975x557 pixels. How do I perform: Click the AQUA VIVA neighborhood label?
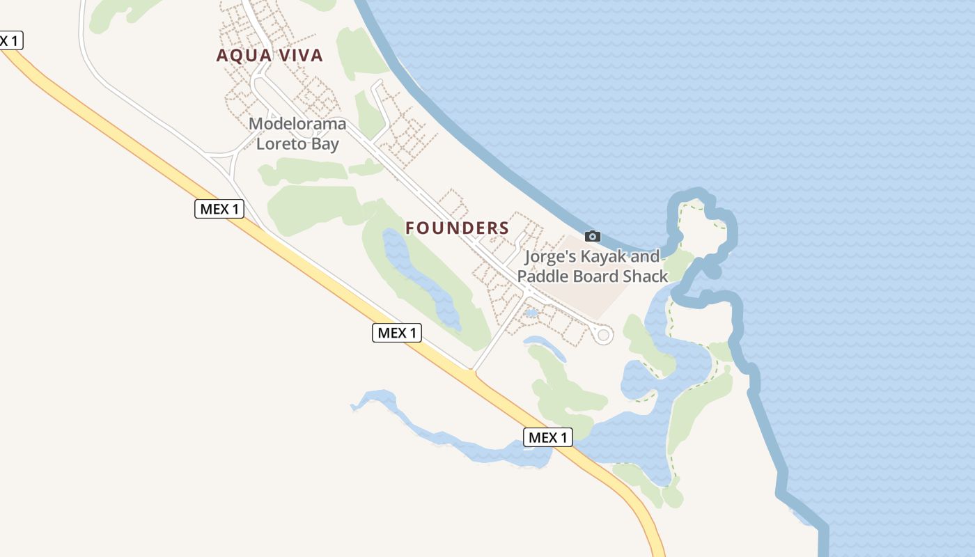(x=270, y=56)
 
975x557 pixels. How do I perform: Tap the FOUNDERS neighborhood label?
(x=458, y=228)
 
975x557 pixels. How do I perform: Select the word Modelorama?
(x=297, y=124)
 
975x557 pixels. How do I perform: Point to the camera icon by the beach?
(x=593, y=236)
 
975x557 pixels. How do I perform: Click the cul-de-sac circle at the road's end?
(x=604, y=336)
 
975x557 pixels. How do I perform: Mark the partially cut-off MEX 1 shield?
(x=10, y=40)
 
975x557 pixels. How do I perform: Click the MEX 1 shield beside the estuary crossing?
(x=548, y=437)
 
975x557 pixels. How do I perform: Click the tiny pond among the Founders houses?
(x=531, y=313)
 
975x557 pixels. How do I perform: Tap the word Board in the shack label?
(x=597, y=276)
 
